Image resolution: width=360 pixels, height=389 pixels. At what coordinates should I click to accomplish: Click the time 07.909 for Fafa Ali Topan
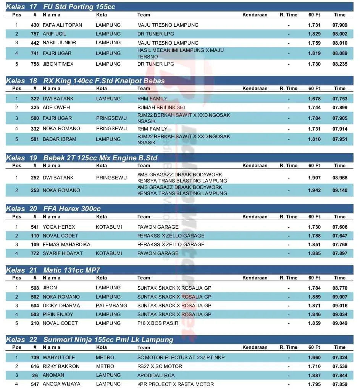tap(339, 25)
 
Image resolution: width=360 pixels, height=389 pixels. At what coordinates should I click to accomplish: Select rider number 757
tap(35, 34)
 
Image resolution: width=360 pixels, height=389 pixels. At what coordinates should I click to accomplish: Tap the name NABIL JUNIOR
tap(59, 43)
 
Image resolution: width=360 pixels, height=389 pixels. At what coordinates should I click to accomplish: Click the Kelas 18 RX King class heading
tap(85, 81)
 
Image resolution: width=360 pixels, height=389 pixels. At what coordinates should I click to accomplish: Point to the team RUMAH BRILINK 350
tap(161, 108)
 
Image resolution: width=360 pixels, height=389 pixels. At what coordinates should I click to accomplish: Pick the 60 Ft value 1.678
tap(314, 99)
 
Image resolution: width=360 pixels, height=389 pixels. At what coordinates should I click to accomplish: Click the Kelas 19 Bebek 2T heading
tap(81, 158)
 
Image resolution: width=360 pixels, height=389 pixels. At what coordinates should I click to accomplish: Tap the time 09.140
tap(339, 190)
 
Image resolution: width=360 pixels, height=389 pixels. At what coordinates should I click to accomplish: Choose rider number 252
tap(35, 178)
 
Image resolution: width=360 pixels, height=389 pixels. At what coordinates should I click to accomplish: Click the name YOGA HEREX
tap(59, 227)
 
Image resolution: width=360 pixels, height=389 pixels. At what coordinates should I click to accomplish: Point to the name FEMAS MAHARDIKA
tap(66, 245)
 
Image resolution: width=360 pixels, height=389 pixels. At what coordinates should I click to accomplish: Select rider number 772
tap(35, 253)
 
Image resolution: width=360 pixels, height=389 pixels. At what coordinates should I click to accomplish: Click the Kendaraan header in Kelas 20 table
tap(255, 217)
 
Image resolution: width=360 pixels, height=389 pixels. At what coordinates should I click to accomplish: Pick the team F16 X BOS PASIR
tap(158, 323)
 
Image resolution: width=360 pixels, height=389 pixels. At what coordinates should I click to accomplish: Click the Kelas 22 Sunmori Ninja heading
tap(89, 340)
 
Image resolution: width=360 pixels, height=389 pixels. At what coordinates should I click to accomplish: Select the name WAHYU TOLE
tap(59, 358)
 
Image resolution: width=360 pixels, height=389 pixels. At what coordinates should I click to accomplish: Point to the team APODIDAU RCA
tap(156, 375)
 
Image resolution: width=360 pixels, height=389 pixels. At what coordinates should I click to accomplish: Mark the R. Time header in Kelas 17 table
tap(288, 15)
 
